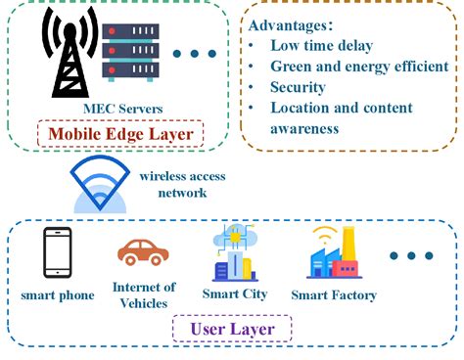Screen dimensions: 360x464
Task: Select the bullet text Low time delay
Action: (x=324, y=46)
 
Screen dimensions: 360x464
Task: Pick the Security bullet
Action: (x=299, y=87)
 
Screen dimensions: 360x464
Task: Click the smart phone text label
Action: (x=58, y=294)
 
